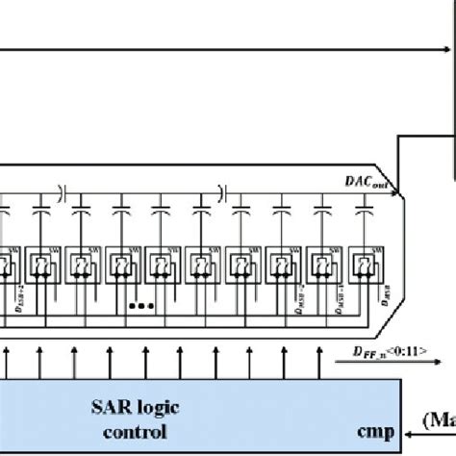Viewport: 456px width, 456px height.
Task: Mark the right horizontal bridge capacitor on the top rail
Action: (x=221, y=192)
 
